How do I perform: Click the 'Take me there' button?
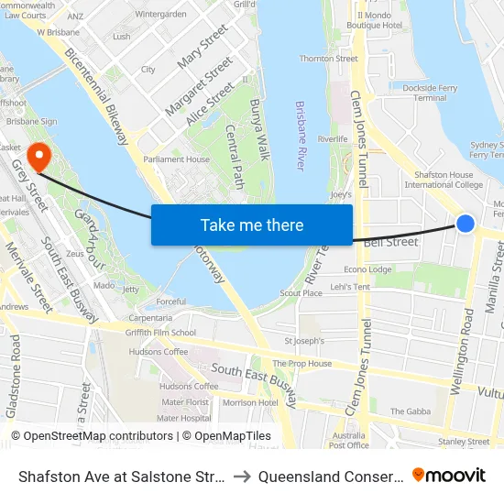click(252, 225)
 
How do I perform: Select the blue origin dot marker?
click(466, 224)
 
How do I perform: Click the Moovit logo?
click(449, 475)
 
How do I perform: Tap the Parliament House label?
click(177, 159)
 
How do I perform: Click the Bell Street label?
click(390, 243)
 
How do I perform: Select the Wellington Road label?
click(463, 351)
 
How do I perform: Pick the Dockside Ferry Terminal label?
click(430, 93)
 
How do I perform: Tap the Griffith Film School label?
click(162, 333)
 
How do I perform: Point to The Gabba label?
click(410, 411)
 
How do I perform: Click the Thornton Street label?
click(328, 59)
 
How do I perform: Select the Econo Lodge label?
click(367, 269)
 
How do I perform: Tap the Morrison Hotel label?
click(250, 402)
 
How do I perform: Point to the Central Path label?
click(235, 152)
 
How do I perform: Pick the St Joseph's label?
click(305, 341)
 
